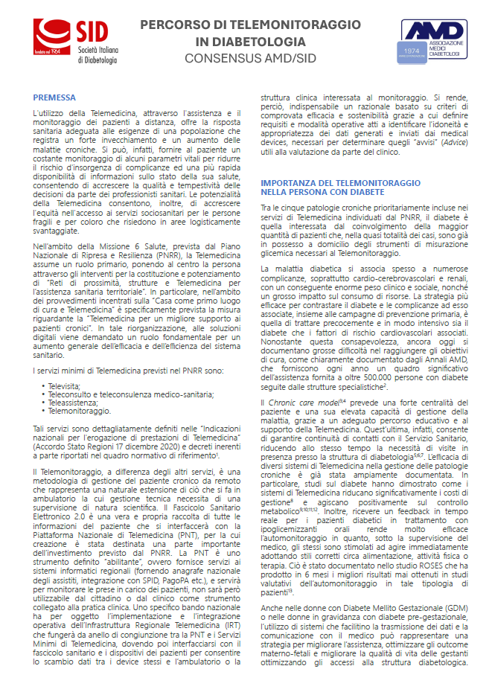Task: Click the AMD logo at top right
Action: pyautogui.click(x=434, y=40)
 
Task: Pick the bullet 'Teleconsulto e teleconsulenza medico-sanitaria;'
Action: pyautogui.click(x=118, y=394)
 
